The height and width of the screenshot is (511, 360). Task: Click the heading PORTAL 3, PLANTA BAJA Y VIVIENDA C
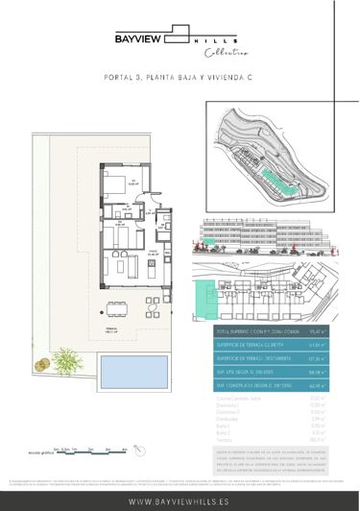click(180, 83)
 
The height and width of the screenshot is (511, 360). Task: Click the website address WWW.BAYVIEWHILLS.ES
click(180, 499)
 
